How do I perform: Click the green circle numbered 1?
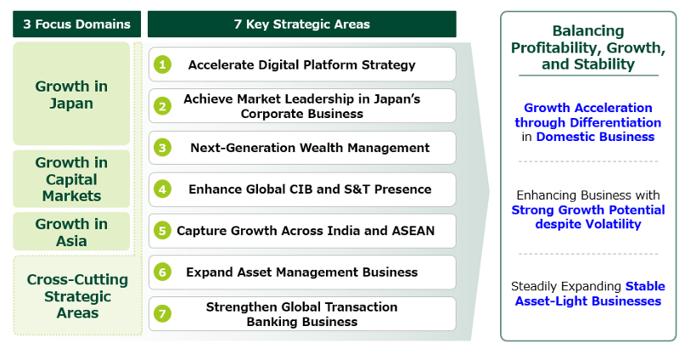[x=162, y=65]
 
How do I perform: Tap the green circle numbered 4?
[x=162, y=189]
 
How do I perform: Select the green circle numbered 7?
[x=162, y=313]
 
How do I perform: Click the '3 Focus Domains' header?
[x=77, y=24]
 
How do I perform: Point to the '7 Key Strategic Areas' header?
[x=302, y=24]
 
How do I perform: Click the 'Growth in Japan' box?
[x=71, y=93]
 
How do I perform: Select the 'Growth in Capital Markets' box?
[x=71, y=178]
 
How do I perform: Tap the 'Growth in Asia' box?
[x=71, y=232]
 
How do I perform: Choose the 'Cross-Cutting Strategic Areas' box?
[x=78, y=295]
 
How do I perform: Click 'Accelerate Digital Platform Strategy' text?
[x=302, y=65]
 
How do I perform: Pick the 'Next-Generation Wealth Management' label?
[x=310, y=148]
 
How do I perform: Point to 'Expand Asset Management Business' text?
[x=302, y=273]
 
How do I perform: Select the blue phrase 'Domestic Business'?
[x=595, y=137]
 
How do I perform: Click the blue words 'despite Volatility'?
[x=588, y=224]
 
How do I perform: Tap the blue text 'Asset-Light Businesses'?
[x=588, y=301]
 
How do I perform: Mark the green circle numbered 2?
[x=162, y=106]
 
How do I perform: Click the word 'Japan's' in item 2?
[x=396, y=99]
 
